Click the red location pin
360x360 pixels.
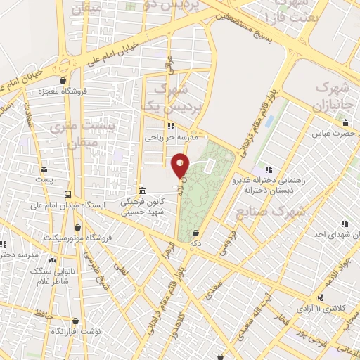(181, 165)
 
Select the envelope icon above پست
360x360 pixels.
(44, 169)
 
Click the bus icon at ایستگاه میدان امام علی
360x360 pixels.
(67, 194)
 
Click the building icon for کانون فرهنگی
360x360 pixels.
(143, 191)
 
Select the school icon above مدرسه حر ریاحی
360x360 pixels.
(166, 126)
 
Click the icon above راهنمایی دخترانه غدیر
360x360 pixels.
(268, 169)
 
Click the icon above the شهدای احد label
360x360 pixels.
(345, 223)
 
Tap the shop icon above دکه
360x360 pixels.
(197, 233)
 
